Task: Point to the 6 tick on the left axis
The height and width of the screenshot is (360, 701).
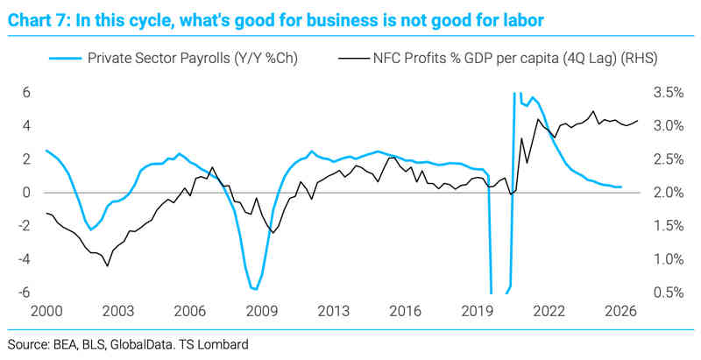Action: point(27,92)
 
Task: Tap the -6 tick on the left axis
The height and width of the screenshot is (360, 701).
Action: point(25,293)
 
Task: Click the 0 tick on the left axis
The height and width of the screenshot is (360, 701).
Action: point(27,193)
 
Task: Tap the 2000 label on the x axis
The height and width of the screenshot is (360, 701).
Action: point(46,311)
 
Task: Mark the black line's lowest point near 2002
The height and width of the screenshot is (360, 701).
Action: point(107,265)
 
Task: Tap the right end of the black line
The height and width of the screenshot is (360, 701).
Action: point(637,121)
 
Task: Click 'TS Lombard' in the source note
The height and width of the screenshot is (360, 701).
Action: point(219,342)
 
